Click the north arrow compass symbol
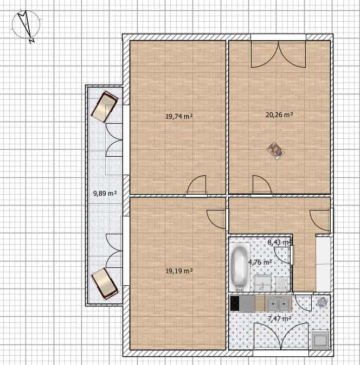tap(26, 26)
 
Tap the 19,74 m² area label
tap(179, 116)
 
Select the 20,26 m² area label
tap(279, 114)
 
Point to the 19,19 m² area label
tap(179, 271)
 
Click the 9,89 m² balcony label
tap(105, 193)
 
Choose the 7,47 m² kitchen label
tap(280, 318)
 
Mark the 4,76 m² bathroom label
tap(260, 261)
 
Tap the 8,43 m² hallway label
tap(279, 242)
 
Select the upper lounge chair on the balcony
tap(105, 106)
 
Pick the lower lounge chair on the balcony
tap(105, 283)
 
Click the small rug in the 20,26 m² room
tap(276, 150)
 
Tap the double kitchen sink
tap(279, 303)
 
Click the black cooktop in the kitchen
tap(235, 303)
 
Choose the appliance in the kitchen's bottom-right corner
tap(320, 339)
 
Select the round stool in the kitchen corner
tap(323, 302)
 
